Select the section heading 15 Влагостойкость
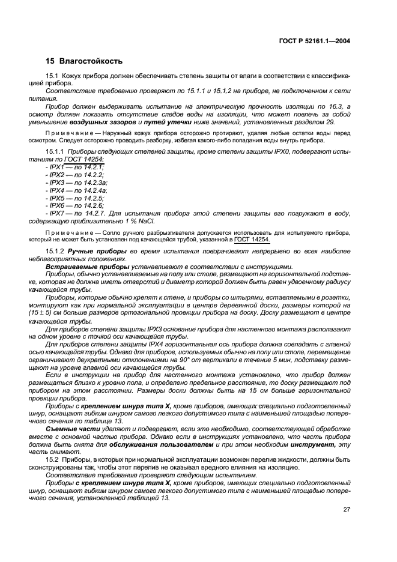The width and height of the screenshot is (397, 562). click(84, 61)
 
